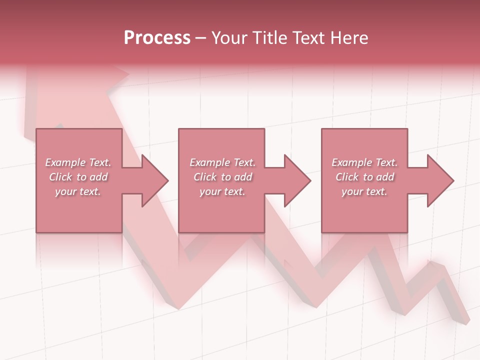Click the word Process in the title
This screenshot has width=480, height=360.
pos(157,38)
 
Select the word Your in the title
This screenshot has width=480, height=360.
pos(230,38)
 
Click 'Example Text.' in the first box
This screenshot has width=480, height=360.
pos(78,162)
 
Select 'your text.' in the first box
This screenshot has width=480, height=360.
pos(78,191)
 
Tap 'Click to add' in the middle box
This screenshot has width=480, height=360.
pos(222,177)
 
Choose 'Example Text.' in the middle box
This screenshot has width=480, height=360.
pos(222,162)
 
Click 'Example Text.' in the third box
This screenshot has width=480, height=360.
pos(364,162)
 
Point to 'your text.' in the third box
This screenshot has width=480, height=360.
pos(364,191)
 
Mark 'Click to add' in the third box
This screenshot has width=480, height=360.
pos(364,177)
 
